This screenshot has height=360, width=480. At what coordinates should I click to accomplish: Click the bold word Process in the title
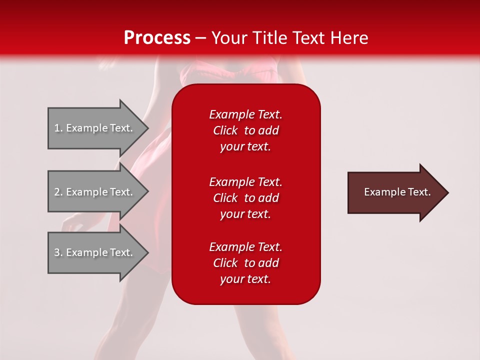click(157, 38)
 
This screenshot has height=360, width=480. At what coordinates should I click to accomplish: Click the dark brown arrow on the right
click(395, 192)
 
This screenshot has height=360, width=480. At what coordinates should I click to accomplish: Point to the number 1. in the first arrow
click(58, 128)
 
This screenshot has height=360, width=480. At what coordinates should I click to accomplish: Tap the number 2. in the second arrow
click(58, 192)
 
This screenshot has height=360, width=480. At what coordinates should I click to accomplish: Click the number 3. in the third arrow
click(58, 252)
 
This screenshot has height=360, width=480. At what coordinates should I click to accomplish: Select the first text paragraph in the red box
click(245, 130)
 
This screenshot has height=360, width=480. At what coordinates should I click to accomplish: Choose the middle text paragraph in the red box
click(245, 198)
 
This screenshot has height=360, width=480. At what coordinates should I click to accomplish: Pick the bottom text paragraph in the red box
click(245, 263)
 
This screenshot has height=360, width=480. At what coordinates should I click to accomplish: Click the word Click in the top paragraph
click(225, 130)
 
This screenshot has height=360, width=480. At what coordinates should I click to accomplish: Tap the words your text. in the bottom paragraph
click(245, 279)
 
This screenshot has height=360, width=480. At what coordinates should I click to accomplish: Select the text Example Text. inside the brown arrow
click(397, 192)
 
